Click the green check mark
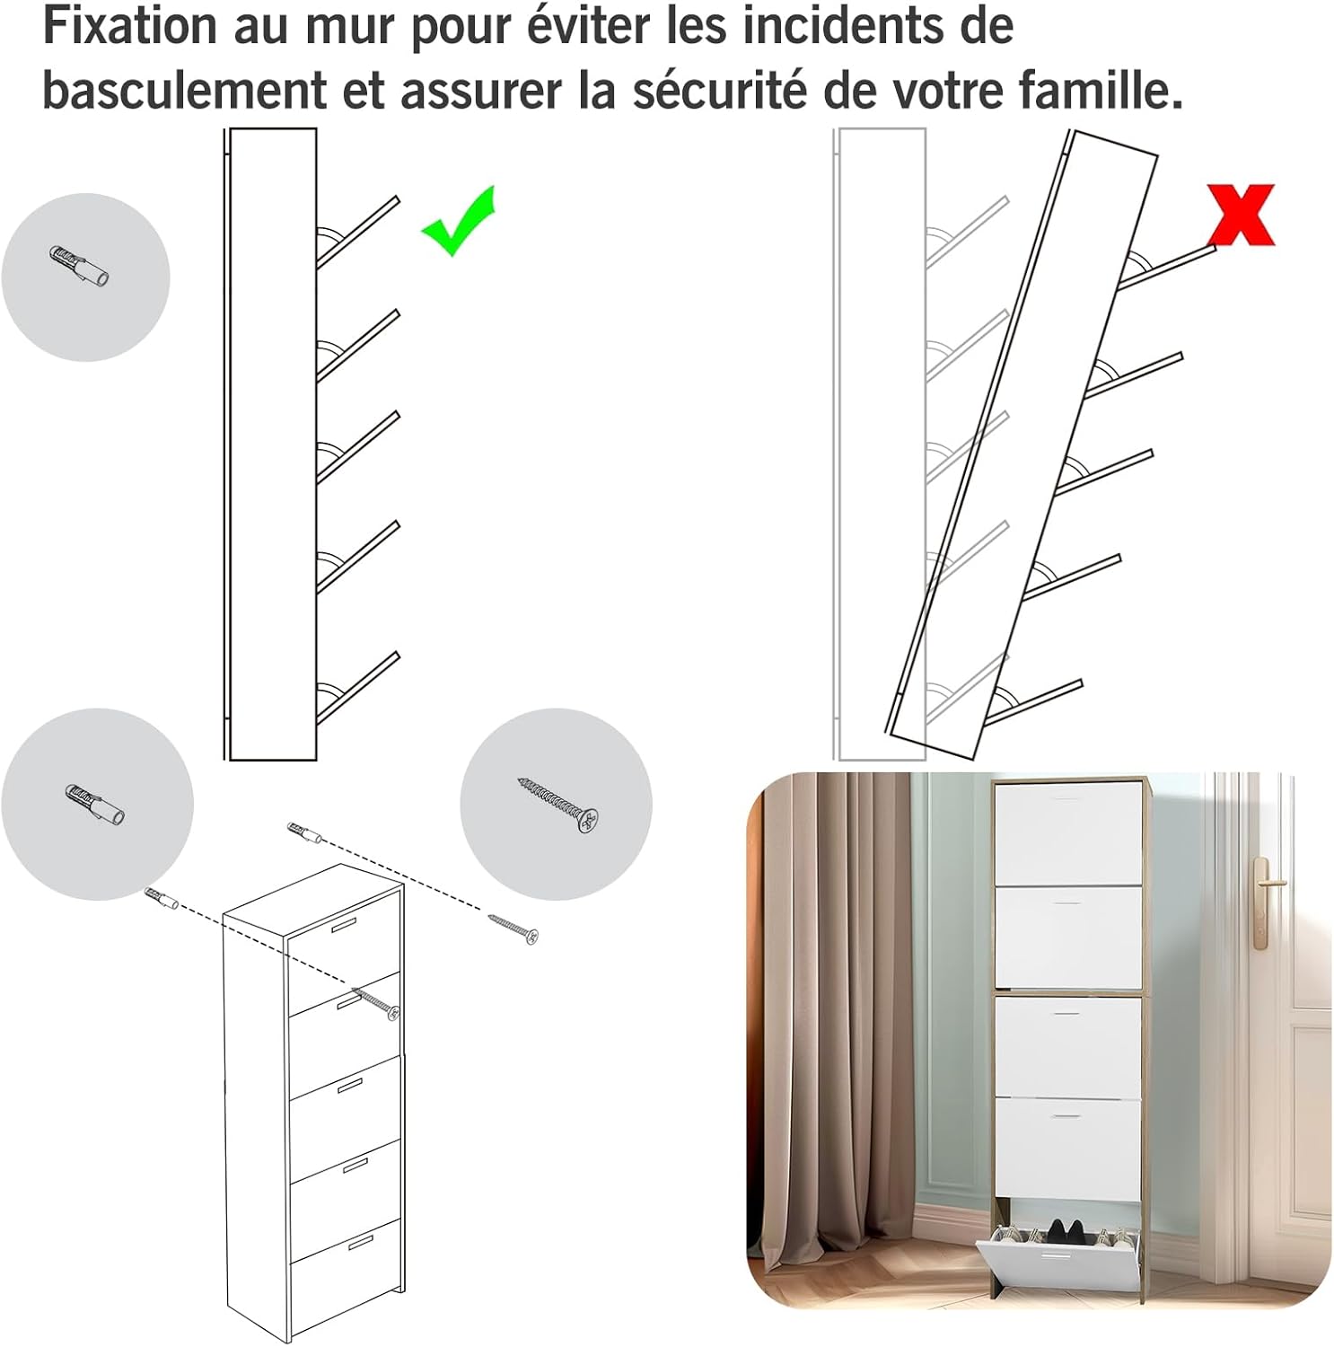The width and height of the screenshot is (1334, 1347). click(458, 222)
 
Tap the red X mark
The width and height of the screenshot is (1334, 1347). click(1241, 215)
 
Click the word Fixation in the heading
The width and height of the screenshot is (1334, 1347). click(131, 25)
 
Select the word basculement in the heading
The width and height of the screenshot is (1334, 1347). click(185, 90)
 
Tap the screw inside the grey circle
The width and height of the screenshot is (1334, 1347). click(557, 805)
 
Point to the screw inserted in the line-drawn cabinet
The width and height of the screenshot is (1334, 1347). click(377, 1002)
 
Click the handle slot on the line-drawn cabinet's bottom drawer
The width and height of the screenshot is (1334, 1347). click(360, 1242)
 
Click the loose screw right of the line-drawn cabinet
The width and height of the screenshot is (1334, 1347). click(513, 929)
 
